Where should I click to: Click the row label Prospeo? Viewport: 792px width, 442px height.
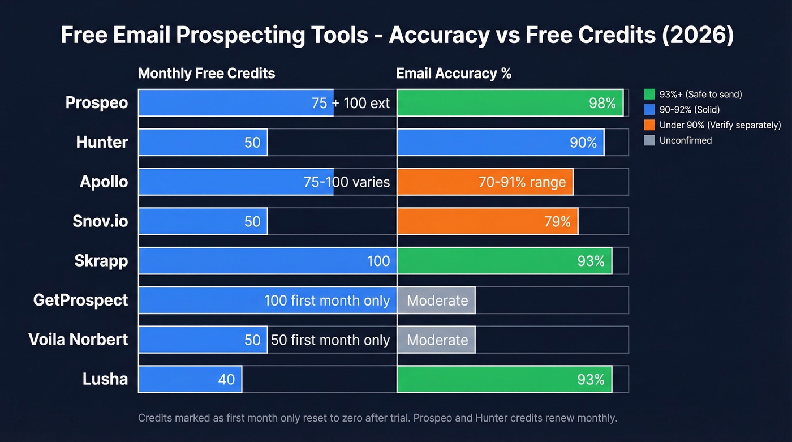pos(96,103)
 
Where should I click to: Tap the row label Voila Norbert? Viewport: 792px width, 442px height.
pos(78,340)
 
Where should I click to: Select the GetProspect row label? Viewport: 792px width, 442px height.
pos(80,300)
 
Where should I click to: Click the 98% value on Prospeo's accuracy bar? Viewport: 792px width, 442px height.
pos(602,103)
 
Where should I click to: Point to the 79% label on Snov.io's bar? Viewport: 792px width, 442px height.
pos(557,221)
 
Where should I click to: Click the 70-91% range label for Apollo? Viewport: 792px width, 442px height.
pos(522,182)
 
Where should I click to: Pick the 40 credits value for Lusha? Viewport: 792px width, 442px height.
pos(226,379)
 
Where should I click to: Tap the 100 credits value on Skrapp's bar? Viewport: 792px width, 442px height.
pos(378,261)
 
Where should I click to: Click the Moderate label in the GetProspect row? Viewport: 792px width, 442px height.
pos(437,301)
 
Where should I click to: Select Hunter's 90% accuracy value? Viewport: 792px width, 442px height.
pos(583,143)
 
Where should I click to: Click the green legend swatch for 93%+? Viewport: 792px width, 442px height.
pos(649,94)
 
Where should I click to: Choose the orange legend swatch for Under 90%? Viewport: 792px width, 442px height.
pos(649,125)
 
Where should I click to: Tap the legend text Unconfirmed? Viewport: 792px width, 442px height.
pos(685,140)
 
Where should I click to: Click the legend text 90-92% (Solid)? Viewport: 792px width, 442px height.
pos(689,110)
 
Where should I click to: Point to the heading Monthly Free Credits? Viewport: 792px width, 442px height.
pos(206,74)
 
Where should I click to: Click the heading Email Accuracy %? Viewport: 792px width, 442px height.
pos(454,74)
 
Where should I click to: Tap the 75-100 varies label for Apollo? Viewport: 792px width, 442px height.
pos(347,182)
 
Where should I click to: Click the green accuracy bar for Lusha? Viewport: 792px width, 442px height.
pos(504,379)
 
